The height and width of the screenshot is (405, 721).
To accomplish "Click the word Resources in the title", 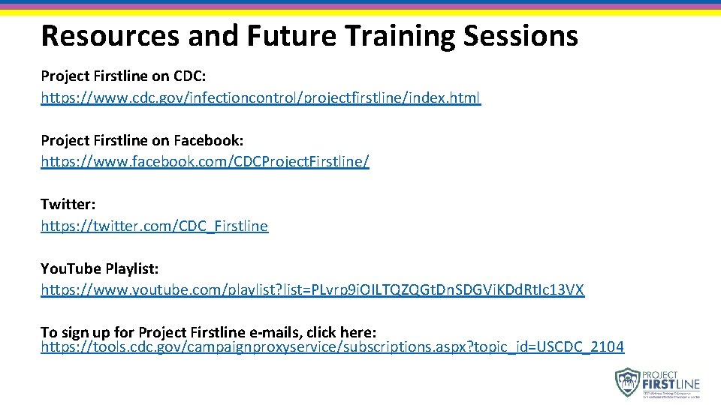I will tap(106, 35).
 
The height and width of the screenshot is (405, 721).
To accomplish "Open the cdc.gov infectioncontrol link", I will tap(261, 97).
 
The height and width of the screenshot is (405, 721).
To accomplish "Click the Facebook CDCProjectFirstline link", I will tap(205, 161).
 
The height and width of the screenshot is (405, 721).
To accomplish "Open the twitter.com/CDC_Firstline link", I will tap(154, 226).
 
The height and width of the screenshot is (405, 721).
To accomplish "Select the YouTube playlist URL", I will tap(312, 289).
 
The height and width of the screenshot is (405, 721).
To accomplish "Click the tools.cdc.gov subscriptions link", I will tap(332, 346).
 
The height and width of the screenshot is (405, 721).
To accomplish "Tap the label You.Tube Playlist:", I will tap(99, 268).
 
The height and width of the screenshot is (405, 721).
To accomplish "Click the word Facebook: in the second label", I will tap(209, 140).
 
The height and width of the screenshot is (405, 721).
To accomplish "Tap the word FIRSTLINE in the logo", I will tap(671, 385).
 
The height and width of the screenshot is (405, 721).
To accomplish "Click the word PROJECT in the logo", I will tap(661, 374).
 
